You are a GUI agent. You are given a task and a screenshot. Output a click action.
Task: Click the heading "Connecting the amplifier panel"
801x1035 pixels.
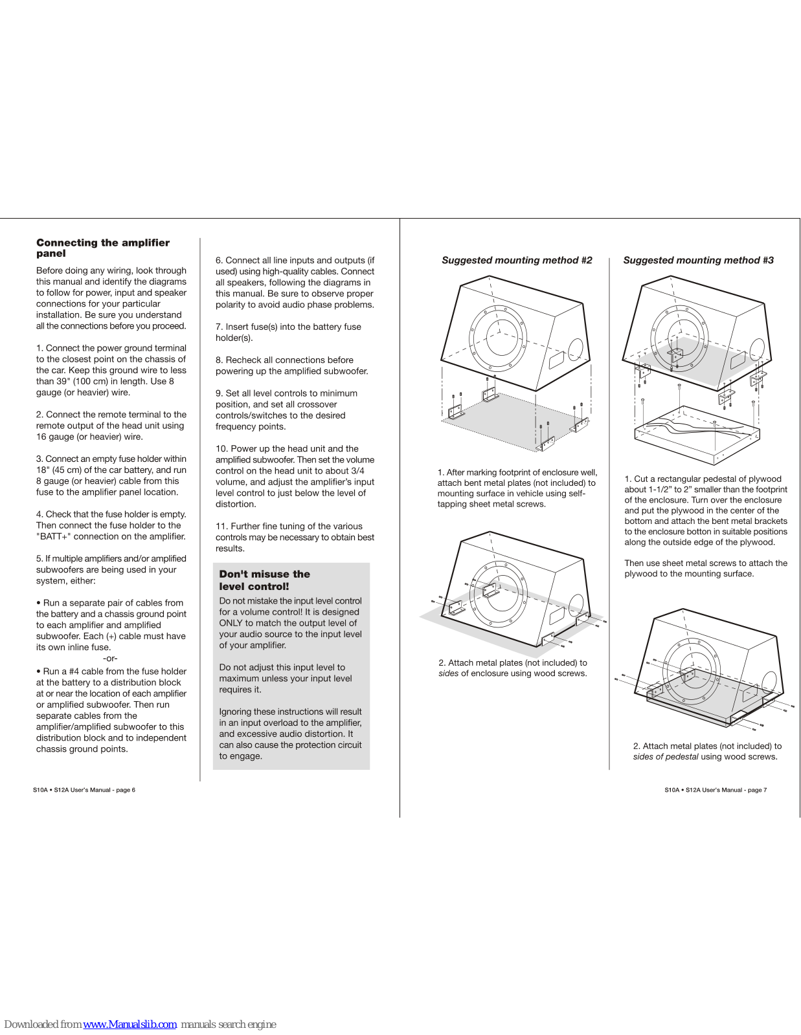pos(102,248)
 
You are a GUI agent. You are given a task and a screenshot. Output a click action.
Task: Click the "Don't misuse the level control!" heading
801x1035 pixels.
pos(264,580)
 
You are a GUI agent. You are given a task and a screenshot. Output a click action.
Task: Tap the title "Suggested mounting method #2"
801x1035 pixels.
pos(517,260)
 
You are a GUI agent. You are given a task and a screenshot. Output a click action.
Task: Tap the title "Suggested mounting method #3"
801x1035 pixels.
pos(698,260)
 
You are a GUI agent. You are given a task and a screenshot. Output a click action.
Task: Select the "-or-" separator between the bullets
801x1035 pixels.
pos(110,659)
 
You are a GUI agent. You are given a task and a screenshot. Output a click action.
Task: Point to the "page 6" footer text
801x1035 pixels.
pos(125,790)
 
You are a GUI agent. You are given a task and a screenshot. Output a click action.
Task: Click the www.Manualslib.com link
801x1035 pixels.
pos(130,1024)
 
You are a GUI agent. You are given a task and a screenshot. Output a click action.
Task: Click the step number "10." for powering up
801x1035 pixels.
pos(222,449)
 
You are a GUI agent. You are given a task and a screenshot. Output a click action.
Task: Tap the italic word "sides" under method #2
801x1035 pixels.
pos(448,673)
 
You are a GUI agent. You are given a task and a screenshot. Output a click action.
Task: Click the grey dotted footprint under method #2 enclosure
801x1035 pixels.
pos(512,420)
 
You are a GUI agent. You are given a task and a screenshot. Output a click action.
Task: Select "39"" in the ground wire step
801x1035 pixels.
pos(63,381)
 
